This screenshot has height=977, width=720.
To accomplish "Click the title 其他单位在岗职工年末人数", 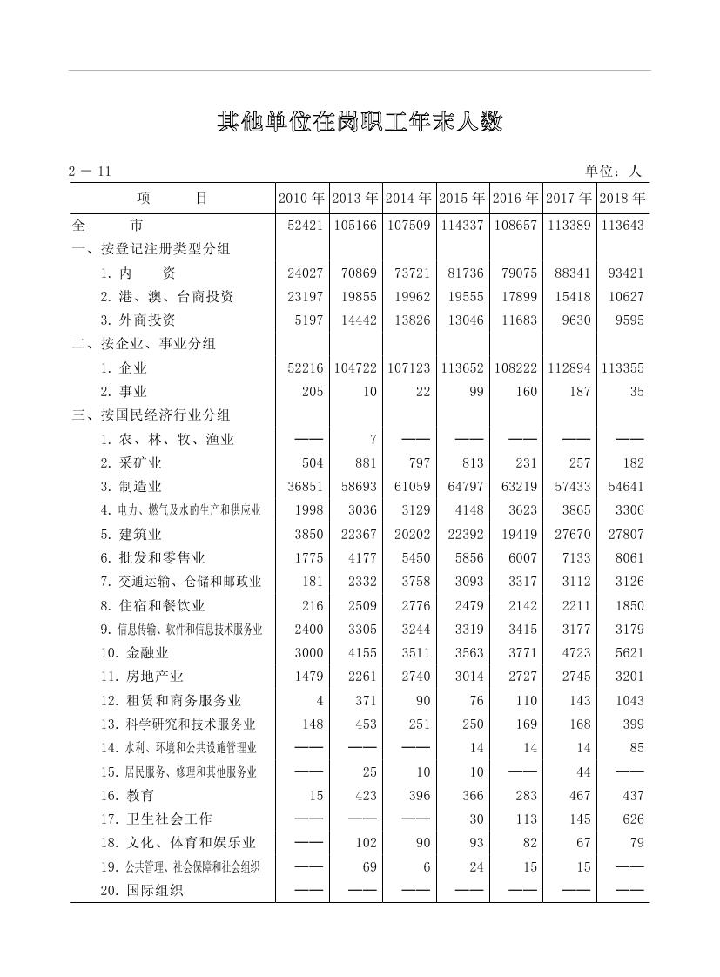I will point(360,122).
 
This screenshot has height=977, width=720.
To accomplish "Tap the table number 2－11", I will point(90,172).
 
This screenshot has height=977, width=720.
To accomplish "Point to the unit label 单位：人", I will point(613,172).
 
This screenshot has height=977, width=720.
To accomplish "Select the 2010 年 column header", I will point(301,199).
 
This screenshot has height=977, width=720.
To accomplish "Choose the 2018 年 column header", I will point(622,199).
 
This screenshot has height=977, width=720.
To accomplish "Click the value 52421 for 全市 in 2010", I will point(305,226).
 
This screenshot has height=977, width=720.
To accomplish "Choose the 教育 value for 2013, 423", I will point(367,796).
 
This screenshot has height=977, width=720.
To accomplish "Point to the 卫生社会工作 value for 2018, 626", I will point(633,819).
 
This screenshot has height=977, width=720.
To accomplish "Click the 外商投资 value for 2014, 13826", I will point(412,320).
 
